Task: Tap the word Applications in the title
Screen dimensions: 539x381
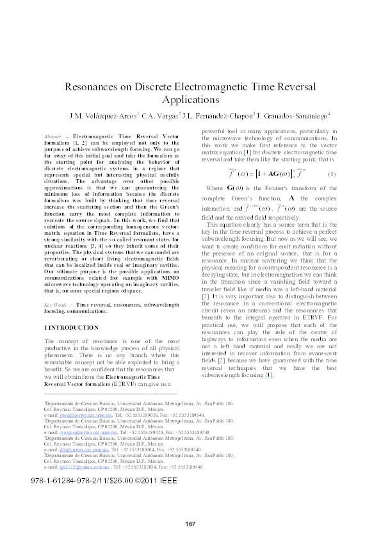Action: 190,100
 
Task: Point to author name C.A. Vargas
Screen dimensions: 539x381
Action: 160,117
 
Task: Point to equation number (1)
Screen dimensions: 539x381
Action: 331,175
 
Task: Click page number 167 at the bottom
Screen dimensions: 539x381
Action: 190,524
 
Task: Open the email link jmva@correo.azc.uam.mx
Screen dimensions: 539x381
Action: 74,415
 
